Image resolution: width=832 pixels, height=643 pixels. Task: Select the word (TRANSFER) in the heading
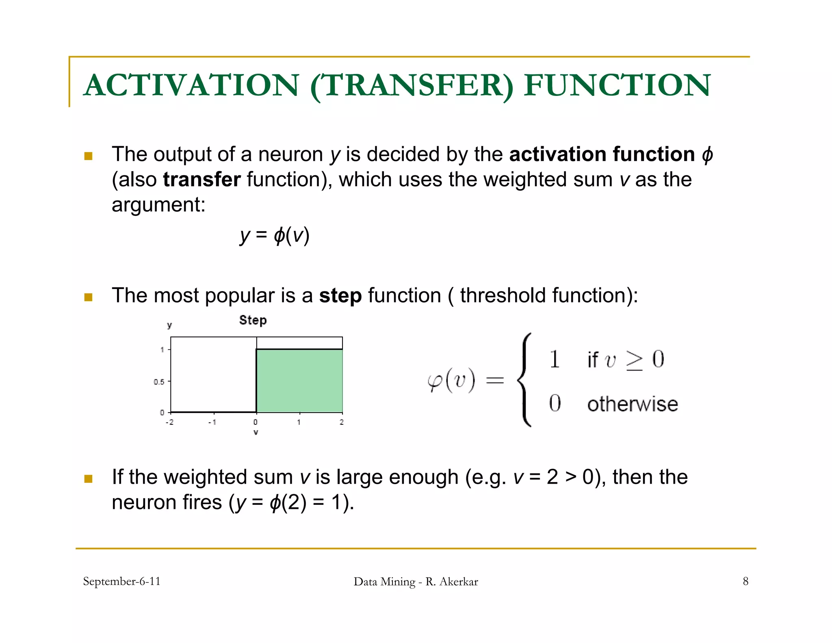coord(412,86)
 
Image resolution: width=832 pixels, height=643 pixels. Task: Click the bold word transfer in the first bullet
coord(202,180)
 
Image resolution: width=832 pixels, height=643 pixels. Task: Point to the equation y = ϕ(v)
coord(275,235)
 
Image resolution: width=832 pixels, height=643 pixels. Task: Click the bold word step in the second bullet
coord(340,296)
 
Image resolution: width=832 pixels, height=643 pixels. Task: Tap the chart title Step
coord(253,320)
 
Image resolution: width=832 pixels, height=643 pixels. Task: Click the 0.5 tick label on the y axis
coord(159,382)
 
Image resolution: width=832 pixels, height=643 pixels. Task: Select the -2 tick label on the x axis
coord(169,422)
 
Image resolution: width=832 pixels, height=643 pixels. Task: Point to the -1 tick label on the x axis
coord(212,422)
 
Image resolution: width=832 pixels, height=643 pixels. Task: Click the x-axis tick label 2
coord(342,422)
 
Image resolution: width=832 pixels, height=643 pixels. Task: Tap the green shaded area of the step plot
coord(299,380)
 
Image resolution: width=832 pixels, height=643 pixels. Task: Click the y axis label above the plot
coord(169,325)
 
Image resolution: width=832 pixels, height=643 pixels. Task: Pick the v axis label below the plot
coord(256,432)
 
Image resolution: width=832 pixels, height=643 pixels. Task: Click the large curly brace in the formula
coord(524,380)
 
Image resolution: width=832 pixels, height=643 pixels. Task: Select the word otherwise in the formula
coord(633,404)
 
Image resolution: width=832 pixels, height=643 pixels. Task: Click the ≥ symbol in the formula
coord(634,360)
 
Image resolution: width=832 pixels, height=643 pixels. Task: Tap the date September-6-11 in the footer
coord(121,581)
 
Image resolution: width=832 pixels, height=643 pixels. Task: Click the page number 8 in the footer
coord(745,581)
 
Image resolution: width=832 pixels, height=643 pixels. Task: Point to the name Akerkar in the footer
coord(459,582)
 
